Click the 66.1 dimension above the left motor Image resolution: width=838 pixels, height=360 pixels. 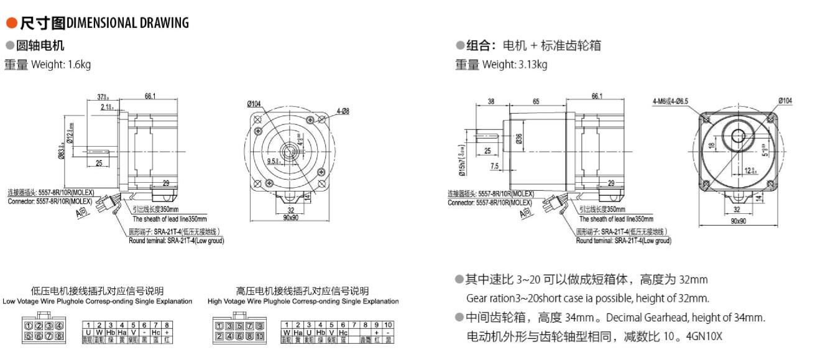150,96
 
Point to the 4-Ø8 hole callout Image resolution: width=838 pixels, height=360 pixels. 343,111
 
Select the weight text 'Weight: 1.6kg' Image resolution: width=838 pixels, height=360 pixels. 61,64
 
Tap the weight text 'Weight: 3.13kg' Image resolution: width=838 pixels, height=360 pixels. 515,64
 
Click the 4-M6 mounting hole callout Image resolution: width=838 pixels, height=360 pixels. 670,101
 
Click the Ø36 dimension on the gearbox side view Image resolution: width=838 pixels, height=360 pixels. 519,139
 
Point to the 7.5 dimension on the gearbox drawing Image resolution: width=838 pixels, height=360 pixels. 494,166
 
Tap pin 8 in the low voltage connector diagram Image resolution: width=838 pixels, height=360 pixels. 59,336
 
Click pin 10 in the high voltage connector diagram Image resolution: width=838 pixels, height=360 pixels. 259,336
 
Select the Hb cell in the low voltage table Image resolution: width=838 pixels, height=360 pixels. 111,333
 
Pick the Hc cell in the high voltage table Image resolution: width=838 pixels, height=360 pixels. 343,333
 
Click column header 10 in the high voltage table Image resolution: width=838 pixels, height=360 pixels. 388,325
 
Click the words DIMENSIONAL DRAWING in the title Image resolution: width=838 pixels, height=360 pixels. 127,23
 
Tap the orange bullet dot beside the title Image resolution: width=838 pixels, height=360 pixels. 11,24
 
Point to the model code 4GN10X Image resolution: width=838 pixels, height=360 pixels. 704,336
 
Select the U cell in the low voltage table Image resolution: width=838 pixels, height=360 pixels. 88,333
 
